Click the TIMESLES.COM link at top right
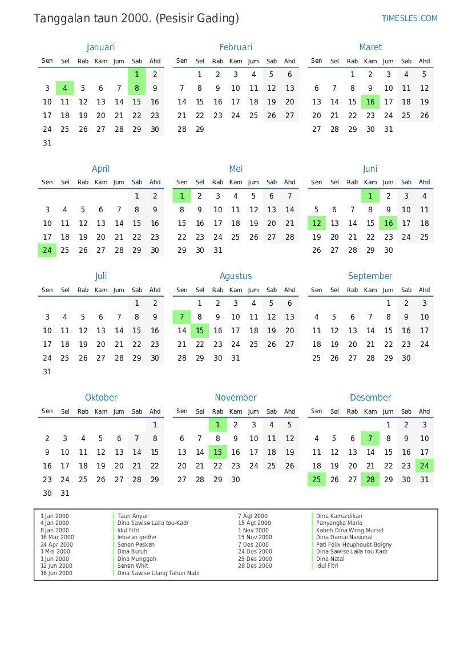409,18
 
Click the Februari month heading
236,47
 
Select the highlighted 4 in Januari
65,88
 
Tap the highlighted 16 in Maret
370,102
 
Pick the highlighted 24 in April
47,250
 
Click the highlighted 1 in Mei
181,196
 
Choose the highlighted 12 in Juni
317,223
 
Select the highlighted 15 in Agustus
200,330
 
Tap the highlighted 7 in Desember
370,438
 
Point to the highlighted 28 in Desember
370,479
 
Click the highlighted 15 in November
217,452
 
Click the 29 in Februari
200,129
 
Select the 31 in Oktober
65,493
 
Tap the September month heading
370,276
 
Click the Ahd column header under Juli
155,290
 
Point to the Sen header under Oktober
47,411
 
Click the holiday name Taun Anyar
133,516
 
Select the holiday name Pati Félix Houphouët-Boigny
354,544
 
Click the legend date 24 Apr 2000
57,544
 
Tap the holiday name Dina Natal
330,559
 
